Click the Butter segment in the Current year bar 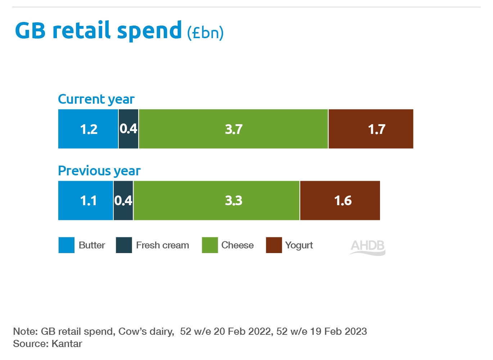(x=88, y=129)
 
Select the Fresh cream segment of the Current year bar (x=128, y=129)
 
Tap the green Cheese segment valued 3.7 (x=233, y=129)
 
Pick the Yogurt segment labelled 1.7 (x=371, y=129)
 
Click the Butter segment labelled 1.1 (x=86, y=201)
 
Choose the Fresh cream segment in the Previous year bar (x=123, y=201)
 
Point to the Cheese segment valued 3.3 (x=216, y=201)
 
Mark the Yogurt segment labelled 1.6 (x=340, y=201)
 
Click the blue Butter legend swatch (x=67, y=245)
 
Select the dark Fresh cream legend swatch (x=124, y=245)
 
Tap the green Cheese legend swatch (x=210, y=245)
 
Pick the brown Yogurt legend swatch (x=274, y=245)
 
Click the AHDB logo (x=367, y=247)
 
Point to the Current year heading (x=96, y=99)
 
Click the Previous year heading (x=99, y=171)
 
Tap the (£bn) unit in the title (x=205, y=32)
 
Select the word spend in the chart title (x=149, y=31)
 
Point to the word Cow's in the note (x=134, y=331)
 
